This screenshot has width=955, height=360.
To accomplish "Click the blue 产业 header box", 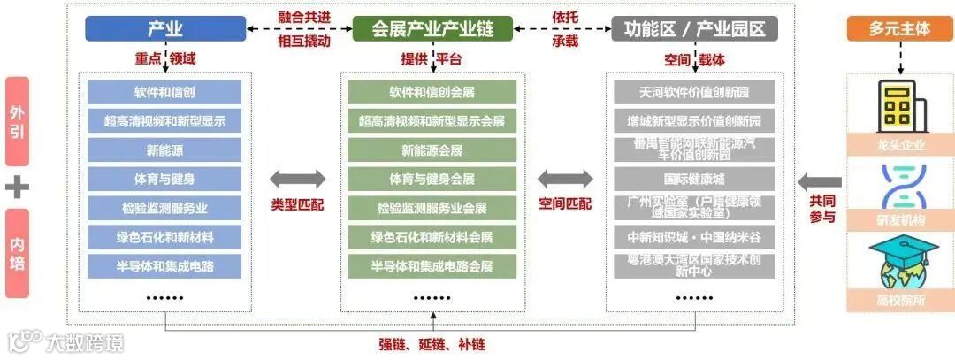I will click(165, 28).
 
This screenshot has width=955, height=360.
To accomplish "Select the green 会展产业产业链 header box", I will click(432, 28).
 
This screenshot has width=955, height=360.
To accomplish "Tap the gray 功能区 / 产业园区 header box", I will click(695, 28).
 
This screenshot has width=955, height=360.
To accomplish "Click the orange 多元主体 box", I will click(899, 28).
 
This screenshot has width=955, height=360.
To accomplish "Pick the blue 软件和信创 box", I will click(164, 92).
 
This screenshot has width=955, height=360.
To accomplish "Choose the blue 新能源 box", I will click(164, 150).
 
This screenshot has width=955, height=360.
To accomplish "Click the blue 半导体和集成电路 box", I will click(164, 265).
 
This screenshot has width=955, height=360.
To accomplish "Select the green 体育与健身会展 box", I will click(432, 179).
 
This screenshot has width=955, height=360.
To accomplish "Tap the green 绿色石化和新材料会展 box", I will click(432, 237).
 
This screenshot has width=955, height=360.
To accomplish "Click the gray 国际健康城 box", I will click(694, 179).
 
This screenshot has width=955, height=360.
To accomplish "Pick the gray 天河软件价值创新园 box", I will click(694, 92).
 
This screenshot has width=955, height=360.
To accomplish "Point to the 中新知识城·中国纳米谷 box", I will click(694, 237).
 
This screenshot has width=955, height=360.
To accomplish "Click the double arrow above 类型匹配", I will click(297, 180).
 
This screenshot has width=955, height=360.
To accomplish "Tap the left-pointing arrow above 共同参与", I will click(819, 182).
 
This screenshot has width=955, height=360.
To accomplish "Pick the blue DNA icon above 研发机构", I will click(899, 186).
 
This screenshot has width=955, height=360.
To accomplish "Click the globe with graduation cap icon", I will click(899, 262).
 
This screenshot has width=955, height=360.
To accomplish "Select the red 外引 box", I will click(17, 122).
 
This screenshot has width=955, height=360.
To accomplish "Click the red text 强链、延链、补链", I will click(432, 345).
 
